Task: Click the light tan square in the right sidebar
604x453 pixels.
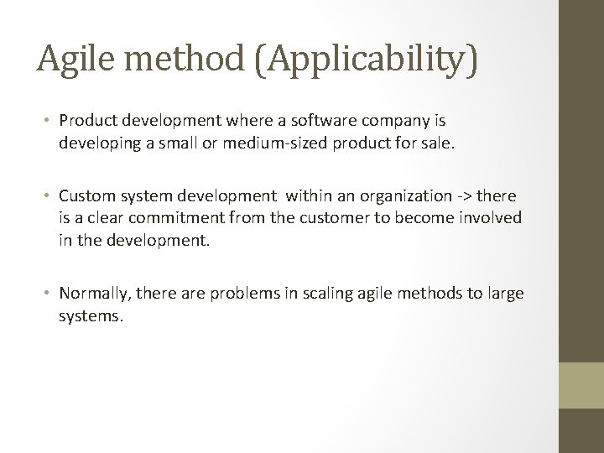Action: click(581, 384)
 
